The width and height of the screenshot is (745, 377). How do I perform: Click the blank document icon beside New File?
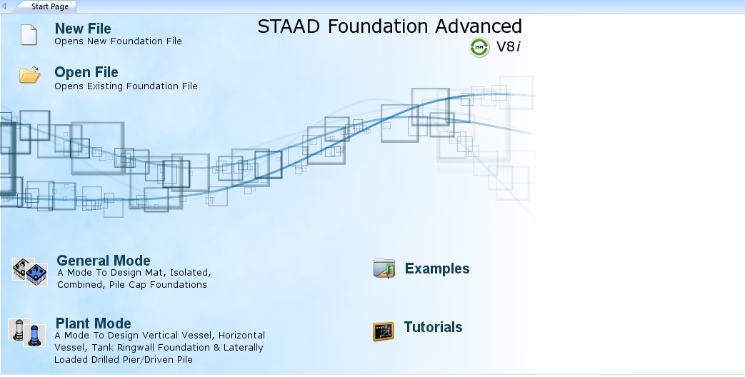pos(29,35)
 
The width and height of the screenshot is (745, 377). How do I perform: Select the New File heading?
pos(83,29)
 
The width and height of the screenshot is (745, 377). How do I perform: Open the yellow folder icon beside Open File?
pos(29,75)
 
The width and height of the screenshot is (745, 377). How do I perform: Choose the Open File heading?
pos(86,72)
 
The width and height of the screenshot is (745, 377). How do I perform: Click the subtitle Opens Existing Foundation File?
pos(126,86)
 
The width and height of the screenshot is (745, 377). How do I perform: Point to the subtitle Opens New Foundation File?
pos(118,41)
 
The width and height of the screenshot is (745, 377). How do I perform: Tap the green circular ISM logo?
pos(479,47)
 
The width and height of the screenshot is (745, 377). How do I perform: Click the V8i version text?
pos(509,46)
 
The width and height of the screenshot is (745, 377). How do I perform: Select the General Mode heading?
pos(104,261)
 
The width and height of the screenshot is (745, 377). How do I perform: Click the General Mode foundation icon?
pos(30,272)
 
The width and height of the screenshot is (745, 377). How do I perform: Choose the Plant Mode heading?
pos(93,323)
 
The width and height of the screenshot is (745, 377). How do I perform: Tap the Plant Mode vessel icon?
pos(27,332)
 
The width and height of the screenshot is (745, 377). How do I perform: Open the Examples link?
pos(437,268)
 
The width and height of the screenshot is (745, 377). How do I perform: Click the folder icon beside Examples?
pos(384,268)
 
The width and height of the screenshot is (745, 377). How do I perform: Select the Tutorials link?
pos(433,327)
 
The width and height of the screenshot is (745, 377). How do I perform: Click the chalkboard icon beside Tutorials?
pos(383,331)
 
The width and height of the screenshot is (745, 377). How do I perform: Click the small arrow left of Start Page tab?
pos(4,6)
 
